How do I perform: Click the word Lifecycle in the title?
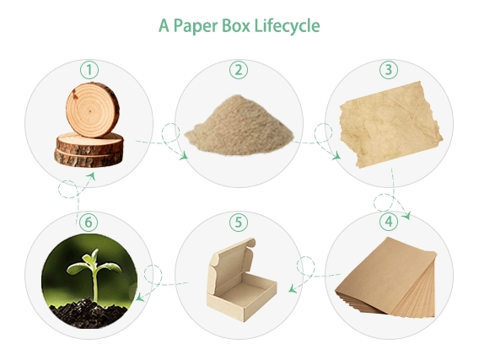(287, 26)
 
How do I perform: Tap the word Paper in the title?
(195, 26)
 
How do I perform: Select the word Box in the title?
(235, 25)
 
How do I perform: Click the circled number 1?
(89, 70)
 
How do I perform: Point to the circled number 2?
(239, 70)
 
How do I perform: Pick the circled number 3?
(389, 70)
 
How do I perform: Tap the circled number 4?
(389, 222)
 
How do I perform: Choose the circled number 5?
(239, 222)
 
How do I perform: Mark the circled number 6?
(89, 222)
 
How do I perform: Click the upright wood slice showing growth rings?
(92, 110)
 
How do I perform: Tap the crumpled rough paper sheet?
(391, 125)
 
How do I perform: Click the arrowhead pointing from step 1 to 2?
(184, 156)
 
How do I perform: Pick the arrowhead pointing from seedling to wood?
(91, 176)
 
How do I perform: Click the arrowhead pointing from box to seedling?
(139, 297)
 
